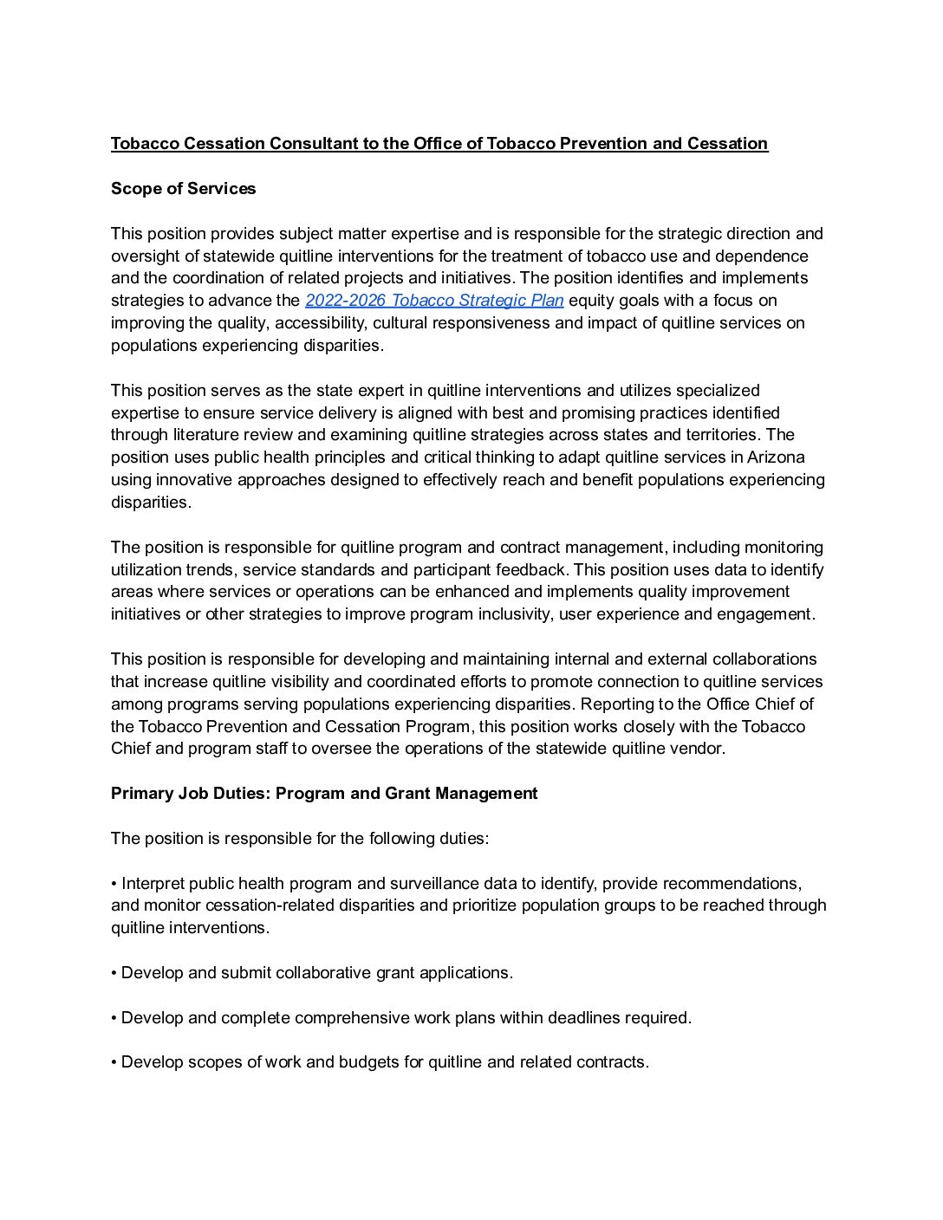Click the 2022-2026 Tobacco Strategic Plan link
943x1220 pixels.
(434, 301)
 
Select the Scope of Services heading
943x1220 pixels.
(183, 189)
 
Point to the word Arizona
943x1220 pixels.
(775, 457)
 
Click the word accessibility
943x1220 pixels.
(315, 323)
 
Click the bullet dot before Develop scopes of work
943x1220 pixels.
(114, 1062)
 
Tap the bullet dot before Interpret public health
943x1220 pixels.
(114, 884)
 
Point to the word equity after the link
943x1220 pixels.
(591, 301)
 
